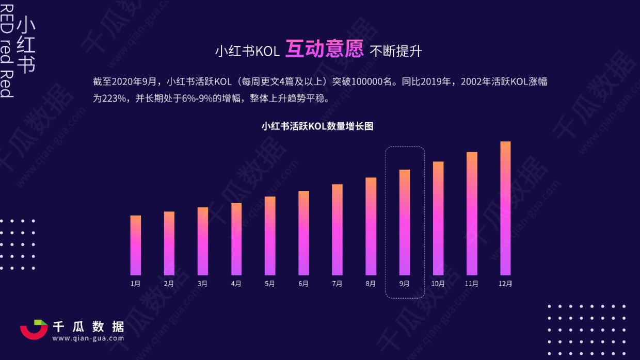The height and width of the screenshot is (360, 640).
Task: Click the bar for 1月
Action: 136,245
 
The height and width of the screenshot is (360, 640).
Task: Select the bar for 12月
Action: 505,208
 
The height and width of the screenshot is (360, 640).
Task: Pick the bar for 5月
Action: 270,236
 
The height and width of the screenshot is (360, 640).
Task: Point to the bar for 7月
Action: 337,230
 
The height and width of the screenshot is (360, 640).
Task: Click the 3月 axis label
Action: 202,284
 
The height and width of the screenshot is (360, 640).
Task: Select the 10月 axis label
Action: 438,284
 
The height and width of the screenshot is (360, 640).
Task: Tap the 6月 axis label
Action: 303,284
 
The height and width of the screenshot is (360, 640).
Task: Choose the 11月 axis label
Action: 471,284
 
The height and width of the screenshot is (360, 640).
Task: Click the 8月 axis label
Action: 371,284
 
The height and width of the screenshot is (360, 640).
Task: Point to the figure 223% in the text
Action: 114,98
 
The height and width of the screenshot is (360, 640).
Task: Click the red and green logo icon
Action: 34,330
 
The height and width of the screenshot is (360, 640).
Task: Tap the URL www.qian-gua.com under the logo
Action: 88,338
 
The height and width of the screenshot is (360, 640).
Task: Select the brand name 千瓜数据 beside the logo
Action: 88,326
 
